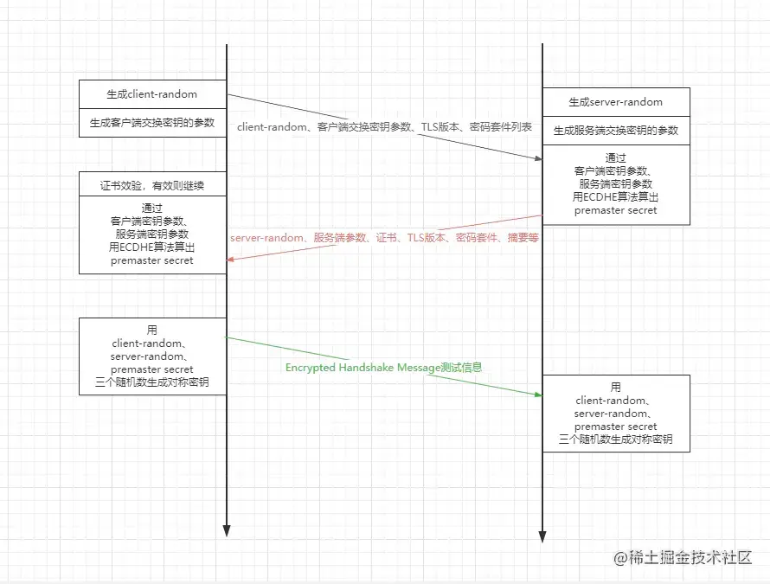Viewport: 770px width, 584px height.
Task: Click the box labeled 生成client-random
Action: coord(152,94)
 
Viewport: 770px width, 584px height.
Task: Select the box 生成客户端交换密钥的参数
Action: coord(152,123)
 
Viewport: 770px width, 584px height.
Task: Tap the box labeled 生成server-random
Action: coord(616,102)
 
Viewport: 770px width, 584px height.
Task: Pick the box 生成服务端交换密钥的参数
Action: coord(616,131)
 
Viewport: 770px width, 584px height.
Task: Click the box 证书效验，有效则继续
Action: coord(152,185)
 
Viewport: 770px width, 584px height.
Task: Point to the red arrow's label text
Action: coord(384,237)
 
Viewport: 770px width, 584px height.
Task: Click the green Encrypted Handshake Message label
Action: coord(383,367)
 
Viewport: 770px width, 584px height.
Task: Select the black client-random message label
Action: coord(384,127)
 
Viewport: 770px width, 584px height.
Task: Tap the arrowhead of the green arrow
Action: coord(537,395)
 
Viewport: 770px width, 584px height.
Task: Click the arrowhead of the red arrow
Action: coord(231,259)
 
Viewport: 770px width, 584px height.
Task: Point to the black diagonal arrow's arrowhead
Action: coord(537,157)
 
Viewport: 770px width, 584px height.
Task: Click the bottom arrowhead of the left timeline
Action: coord(227,529)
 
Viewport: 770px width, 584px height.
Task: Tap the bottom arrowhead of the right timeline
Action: coord(542,536)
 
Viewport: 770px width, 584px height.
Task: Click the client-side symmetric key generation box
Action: coord(152,356)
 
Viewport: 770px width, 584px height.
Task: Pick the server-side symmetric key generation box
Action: coord(616,414)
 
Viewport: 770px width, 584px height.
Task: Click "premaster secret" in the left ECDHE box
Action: coord(152,260)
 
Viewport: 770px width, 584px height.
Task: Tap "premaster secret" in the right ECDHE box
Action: coord(616,210)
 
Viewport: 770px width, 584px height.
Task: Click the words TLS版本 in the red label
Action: coord(427,237)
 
